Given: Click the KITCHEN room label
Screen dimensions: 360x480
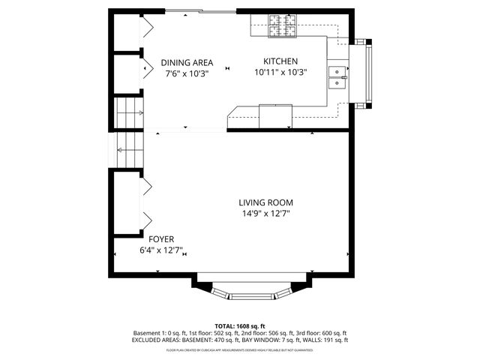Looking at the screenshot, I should [x=280, y=61].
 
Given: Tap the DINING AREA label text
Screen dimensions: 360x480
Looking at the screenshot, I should [x=187, y=63].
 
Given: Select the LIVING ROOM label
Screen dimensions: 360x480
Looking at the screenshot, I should [x=265, y=202].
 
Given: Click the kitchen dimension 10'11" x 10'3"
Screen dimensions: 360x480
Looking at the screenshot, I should [x=280, y=73].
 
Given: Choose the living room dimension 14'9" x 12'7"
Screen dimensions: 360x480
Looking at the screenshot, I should [x=265, y=214].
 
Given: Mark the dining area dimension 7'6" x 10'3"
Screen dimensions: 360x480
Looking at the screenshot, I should [x=187, y=74].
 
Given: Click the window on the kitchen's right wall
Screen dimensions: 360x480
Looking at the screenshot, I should [x=367, y=73].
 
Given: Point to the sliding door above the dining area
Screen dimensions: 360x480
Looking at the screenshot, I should [x=199, y=11].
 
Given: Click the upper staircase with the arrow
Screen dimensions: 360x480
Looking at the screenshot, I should [x=128, y=113].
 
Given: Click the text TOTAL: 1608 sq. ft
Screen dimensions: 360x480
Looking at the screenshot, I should [x=240, y=326].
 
